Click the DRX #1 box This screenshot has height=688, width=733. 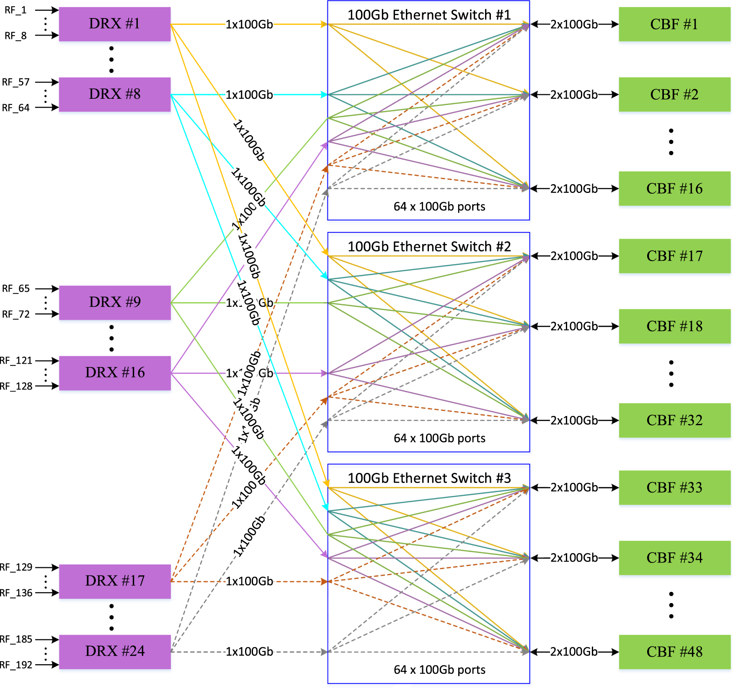(114, 24)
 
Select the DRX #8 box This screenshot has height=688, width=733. (114, 94)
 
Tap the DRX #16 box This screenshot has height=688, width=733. (114, 372)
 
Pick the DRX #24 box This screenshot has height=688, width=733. (114, 651)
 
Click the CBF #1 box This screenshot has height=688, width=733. (674, 24)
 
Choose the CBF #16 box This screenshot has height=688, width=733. (674, 188)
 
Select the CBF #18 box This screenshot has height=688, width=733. (674, 326)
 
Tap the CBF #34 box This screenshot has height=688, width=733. (674, 557)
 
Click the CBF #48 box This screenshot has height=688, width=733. (674, 652)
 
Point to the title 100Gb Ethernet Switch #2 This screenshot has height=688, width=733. (429, 246)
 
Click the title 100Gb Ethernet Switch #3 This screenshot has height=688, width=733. (429, 478)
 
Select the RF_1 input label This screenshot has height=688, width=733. (15, 10)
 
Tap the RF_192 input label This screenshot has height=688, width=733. (16, 665)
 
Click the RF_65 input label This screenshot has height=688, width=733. (16, 288)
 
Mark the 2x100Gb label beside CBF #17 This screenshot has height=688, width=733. (574, 256)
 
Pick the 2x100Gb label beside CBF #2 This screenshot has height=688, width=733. (574, 95)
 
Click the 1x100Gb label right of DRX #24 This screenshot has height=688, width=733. (249, 652)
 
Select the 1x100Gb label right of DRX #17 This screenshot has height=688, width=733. (249, 581)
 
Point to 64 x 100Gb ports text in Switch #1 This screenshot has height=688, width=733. (439, 206)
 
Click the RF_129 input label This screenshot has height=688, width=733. (16, 567)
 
